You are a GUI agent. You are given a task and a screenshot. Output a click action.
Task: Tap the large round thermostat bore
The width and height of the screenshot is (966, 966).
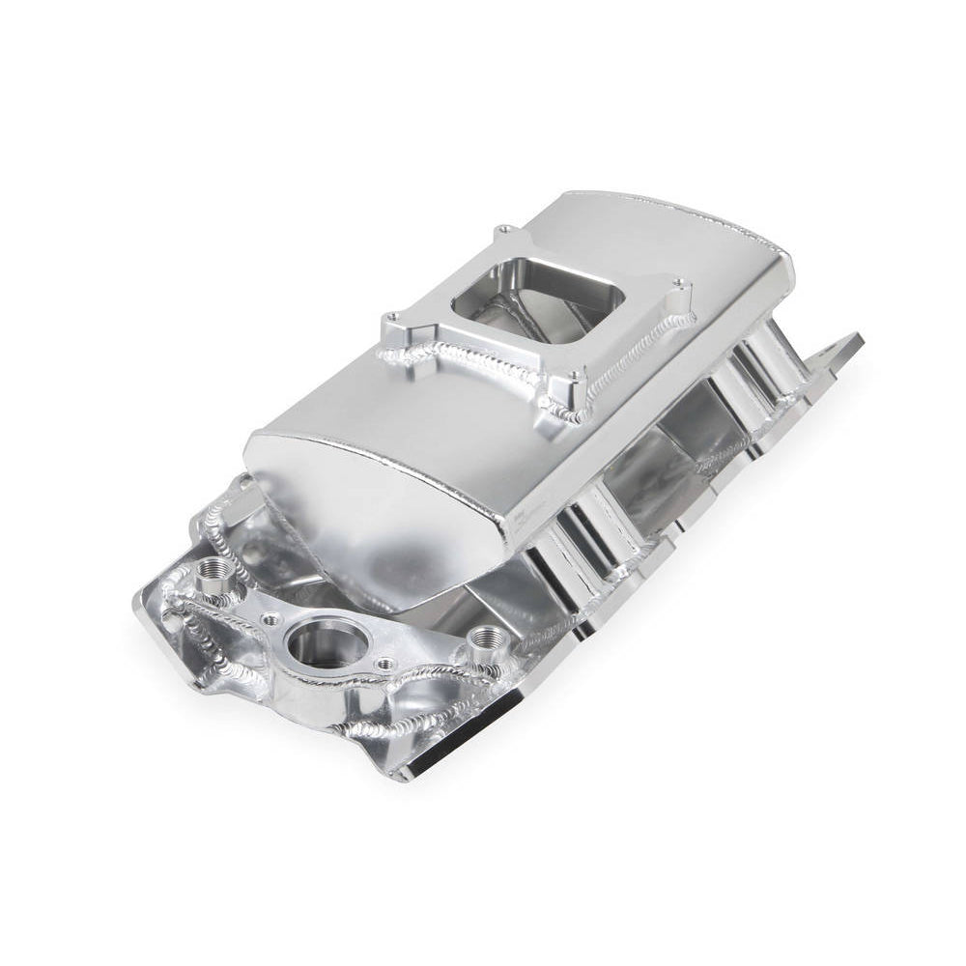320,641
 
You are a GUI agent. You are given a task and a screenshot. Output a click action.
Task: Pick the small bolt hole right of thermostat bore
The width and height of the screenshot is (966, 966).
384,664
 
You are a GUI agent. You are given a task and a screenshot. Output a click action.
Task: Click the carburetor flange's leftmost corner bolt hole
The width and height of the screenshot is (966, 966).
391,318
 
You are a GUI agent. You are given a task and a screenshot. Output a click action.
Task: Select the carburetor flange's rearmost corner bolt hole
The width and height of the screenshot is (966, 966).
504,231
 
